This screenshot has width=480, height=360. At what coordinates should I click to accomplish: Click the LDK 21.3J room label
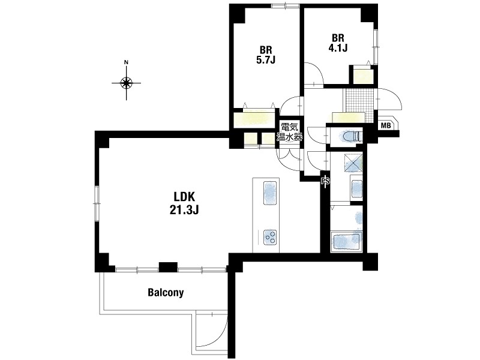click(x=184, y=203)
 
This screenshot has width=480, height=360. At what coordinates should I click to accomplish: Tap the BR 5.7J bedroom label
click(x=266, y=55)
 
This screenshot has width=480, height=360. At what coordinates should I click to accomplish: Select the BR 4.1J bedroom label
click(x=338, y=43)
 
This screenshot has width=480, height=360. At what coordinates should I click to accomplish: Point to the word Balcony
click(x=166, y=292)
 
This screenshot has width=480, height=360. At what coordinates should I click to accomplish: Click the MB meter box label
click(x=386, y=125)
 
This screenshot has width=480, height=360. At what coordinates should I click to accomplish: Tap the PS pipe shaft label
click(x=325, y=181)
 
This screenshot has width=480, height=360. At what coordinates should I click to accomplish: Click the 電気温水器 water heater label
click(x=289, y=132)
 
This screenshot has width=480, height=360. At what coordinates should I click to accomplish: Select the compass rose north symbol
click(x=126, y=83)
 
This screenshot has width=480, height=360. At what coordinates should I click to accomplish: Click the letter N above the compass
click(x=126, y=62)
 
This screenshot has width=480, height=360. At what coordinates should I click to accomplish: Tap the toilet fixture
click(x=352, y=136)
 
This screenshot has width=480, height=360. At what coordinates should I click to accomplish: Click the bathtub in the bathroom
click(x=347, y=242)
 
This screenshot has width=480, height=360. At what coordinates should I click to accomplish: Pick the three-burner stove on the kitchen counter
click(x=271, y=237)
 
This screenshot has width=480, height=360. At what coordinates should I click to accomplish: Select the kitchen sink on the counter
click(x=270, y=193)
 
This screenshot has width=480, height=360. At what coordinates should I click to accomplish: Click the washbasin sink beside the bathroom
click(x=357, y=189)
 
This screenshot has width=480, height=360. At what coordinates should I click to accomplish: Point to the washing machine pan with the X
click(x=353, y=163)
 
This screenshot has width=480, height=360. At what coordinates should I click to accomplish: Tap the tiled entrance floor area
click(x=359, y=104)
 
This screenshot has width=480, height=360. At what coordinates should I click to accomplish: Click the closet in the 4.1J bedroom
click(x=364, y=76)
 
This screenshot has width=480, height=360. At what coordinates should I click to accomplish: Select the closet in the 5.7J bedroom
click(x=254, y=120)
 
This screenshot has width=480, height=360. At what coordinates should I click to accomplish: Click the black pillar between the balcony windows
click(x=168, y=267)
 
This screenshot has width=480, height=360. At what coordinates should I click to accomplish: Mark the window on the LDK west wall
click(x=97, y=203)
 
